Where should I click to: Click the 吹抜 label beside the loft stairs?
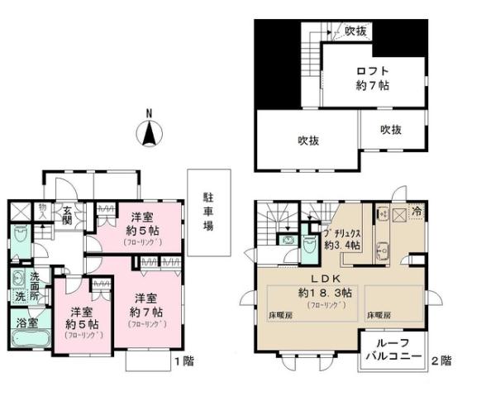point(356,31)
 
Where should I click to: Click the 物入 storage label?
point(42,212)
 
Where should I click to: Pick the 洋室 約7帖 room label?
point(147,305)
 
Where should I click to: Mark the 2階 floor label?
point(442,360)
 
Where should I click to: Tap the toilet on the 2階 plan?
point(311,246)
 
